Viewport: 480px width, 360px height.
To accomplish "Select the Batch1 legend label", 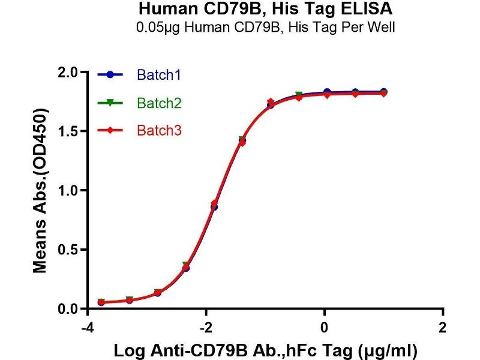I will (x=159, y=75).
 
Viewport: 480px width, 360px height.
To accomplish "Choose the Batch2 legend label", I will (x=159, y=103).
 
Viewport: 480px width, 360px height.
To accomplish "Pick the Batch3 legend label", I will (x=159, y=130).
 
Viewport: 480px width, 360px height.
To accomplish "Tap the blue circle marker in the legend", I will (x=109, y=75).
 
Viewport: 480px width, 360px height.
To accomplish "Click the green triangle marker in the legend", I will (x=109, y=103).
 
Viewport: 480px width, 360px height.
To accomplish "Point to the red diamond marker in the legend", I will (x=109, y=130).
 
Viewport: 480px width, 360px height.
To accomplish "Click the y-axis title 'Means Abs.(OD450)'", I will (x=40, y=191).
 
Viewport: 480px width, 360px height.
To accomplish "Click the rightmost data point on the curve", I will (x=383, y=92).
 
